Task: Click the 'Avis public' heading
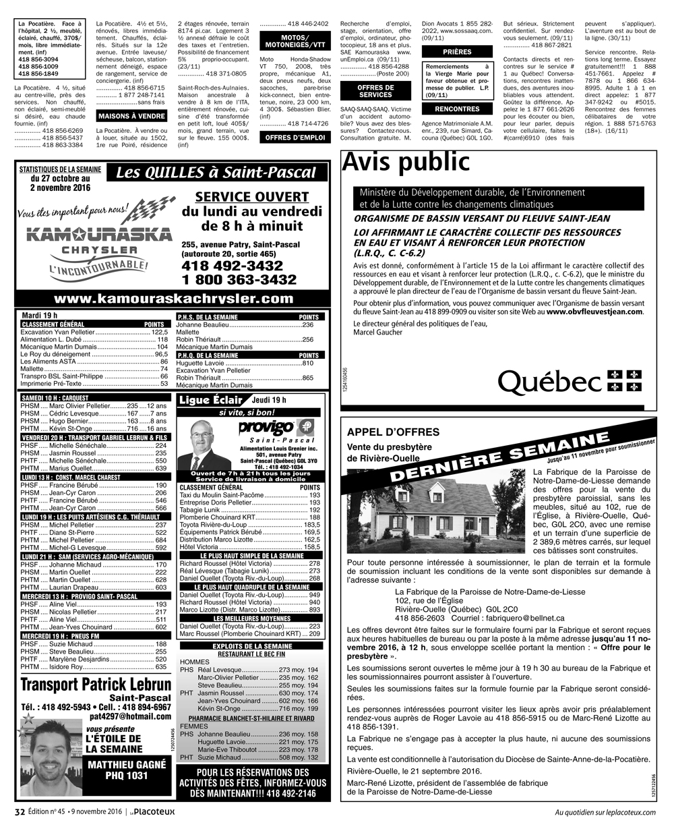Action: (406, 163)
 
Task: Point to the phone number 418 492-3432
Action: (232, 266)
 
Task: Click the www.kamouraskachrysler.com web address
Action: (174, 299)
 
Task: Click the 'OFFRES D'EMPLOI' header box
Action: (295, 138)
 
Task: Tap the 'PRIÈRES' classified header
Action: (457, 52)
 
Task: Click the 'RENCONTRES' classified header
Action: (457, 109)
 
